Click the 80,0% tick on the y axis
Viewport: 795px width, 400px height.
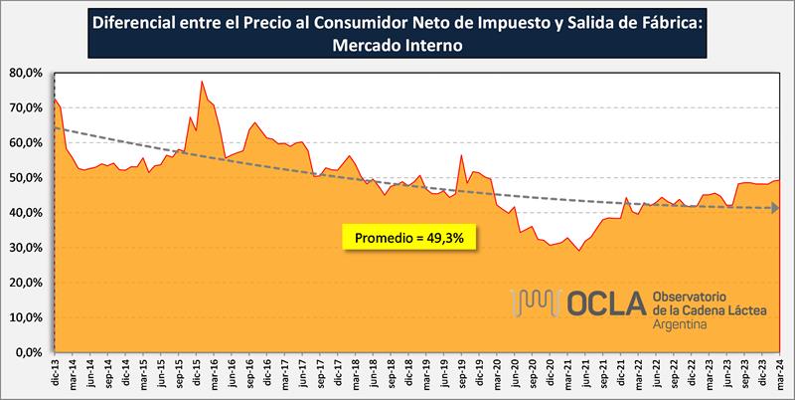[x=28, y=73]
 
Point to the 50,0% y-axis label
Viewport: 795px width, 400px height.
[x=28, y=178]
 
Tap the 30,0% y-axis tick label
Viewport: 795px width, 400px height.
[x=28, y=248]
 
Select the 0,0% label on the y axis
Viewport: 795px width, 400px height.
[x=31, y=352]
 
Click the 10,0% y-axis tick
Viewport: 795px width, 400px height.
[x=28, y=317]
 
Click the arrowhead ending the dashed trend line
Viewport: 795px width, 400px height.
[x=773, y=208]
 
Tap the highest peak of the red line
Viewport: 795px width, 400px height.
[x=202, y=82]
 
